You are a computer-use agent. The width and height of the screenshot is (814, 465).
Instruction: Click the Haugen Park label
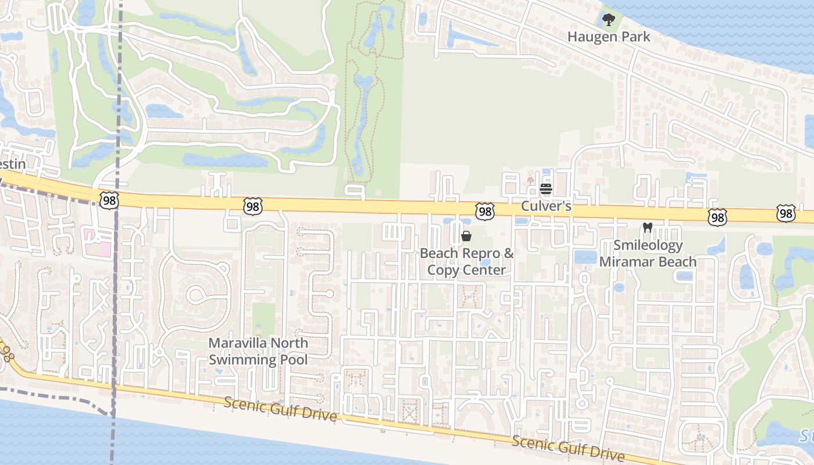tap(608, 37)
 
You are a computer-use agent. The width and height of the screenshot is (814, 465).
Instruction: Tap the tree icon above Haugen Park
tap(608, 20)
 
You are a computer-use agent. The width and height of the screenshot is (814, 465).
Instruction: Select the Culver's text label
tap(546, 206)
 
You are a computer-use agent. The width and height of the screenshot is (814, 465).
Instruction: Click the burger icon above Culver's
tap(546, 189)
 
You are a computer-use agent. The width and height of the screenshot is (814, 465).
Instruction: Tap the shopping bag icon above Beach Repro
tap(466, 236)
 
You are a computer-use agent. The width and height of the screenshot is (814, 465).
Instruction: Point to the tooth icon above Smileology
tap(647, 228)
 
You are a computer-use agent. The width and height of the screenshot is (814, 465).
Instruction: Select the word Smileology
tap(648, 245)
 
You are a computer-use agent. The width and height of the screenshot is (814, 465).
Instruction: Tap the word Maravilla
tap(238, 343)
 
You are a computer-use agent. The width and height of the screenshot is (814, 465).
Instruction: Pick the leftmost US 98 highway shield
tap(109, 201)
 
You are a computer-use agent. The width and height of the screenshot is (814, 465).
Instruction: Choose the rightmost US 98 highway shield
tap(786, 213)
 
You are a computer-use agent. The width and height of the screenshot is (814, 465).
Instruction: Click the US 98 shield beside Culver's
tap(484, 211)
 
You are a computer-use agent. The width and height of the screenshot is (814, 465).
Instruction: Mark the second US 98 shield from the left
tap(253, 206)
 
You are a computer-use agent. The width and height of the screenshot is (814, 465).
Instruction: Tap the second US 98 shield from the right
tap(717, 217)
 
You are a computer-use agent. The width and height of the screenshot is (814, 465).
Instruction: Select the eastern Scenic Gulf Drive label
tap(568, 449)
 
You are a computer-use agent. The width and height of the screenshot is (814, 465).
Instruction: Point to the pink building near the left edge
tap(97, 242)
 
